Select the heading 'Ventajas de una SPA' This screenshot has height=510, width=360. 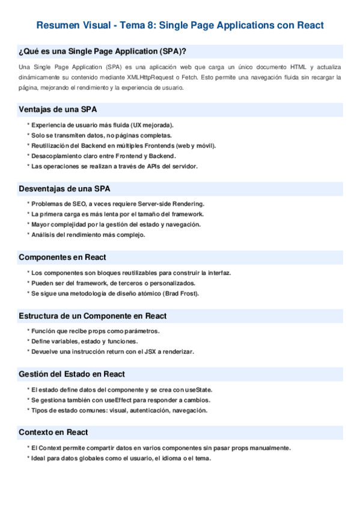[58, 109]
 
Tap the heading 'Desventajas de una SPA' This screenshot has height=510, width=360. [64, 189]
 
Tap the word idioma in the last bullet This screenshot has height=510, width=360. [174, 458]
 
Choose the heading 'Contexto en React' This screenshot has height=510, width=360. [53, 432]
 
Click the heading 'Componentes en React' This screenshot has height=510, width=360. [63, 257]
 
